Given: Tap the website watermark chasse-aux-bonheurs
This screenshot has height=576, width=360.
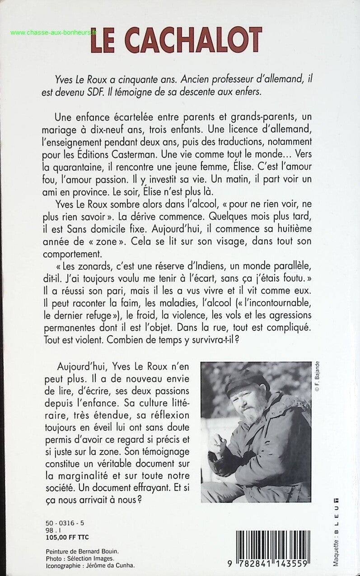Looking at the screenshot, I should (x=54, y=33).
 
